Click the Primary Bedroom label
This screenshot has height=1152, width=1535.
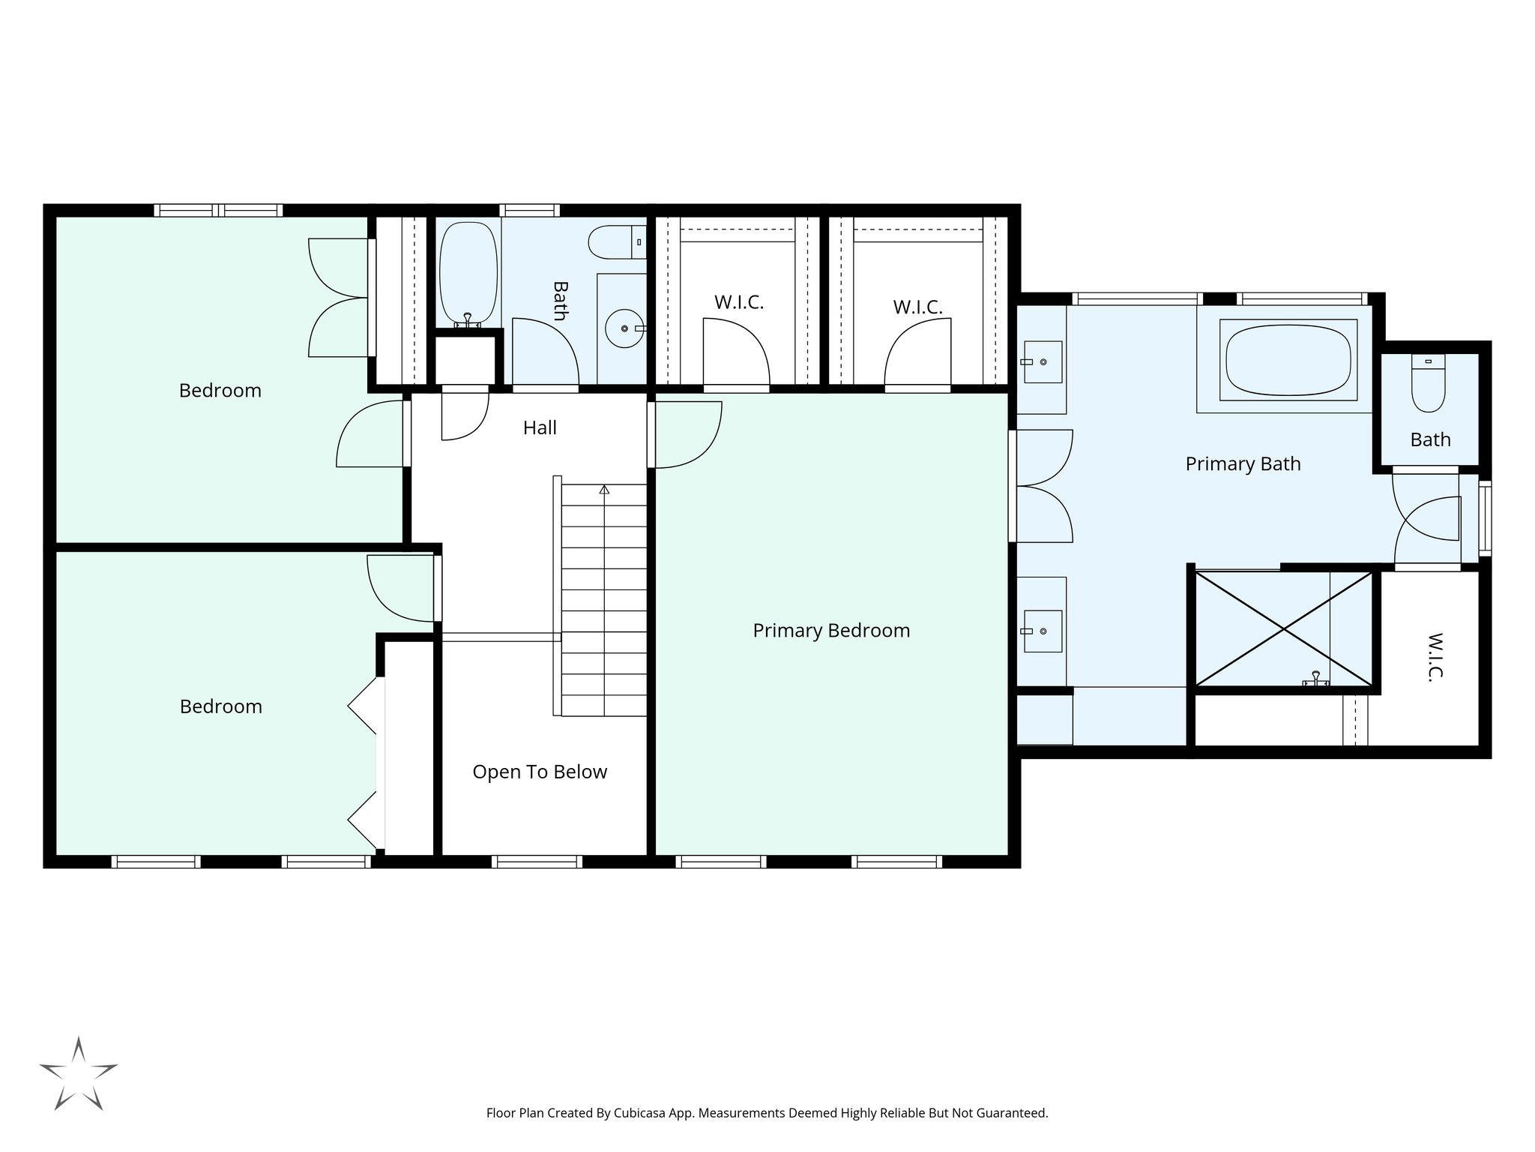831,631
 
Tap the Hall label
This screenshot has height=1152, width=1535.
540,428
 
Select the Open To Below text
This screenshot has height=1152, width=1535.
540,772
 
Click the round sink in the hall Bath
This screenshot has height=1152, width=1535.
624,328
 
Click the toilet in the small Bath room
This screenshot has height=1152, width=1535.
1428,383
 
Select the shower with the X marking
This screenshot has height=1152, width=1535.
1285,629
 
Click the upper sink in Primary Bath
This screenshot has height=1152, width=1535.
1042,362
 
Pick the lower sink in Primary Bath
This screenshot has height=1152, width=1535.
1042,631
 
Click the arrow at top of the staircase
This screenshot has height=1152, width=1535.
604,490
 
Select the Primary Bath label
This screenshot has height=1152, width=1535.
1243,464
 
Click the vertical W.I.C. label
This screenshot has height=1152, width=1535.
1434,656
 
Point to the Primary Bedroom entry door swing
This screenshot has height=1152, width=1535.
686,435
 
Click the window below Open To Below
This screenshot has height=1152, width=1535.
537,862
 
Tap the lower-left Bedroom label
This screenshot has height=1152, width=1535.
221,706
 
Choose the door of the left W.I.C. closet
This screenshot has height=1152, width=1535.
736,352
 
